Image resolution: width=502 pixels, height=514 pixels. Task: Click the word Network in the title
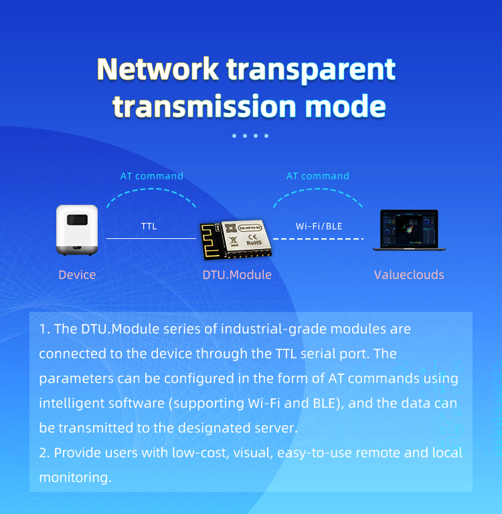tap(158, 69)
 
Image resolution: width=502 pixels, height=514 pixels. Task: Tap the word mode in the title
tap(345, 106)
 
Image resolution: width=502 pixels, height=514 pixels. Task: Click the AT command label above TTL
tap(152, 176)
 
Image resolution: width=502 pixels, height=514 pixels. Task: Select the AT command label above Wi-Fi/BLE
tap(318, 176)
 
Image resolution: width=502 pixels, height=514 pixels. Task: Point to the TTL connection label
tap(149, 226)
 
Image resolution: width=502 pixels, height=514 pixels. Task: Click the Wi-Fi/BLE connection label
tap(319, 226)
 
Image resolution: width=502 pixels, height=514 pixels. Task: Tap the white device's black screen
tap(78, 220)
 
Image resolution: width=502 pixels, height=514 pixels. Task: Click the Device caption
tap(77, 274)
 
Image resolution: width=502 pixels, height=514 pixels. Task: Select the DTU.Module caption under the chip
tap(237, 274)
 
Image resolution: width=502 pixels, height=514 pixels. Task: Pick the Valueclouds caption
tap(409, 274)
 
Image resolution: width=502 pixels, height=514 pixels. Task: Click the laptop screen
tap(409, 228)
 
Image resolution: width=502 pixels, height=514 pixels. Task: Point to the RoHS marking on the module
tap(254, 243)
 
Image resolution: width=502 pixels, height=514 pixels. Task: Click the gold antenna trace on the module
tap(210, 241)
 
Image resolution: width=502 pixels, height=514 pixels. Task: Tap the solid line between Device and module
tap(151, 239)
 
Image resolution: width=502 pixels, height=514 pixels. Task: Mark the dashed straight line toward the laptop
tap(319, 239)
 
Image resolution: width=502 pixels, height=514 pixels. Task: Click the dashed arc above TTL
tap(151, 189)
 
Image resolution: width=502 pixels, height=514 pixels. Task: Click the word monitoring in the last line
tap(76, 478)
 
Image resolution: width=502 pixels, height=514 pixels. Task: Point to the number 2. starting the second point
tap(44, 453)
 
